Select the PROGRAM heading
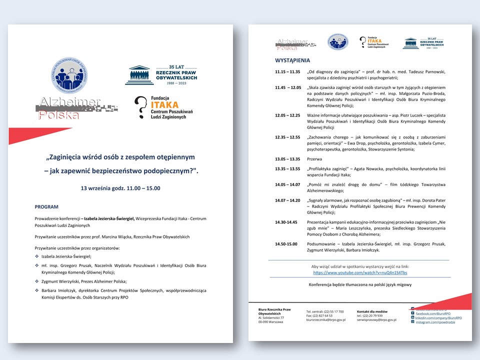(46, 206)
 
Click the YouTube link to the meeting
(360, 272)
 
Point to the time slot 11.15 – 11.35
(287, 71)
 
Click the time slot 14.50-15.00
(287, 243)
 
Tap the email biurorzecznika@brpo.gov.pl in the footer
(325, 319)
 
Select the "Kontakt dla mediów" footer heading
(372, 311)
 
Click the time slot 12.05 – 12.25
(287, 115)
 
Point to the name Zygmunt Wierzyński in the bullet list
(62, 281)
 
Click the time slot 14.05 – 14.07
(287, 184)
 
